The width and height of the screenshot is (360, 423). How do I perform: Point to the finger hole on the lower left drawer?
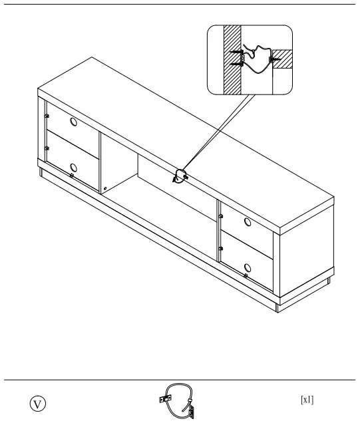click(74, 167)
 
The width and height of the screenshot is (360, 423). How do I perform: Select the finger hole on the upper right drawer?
click(248, 222)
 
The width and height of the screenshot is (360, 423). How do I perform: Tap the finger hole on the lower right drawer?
click(248, 264)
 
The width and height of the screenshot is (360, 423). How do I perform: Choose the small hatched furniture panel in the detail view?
click(283, 59)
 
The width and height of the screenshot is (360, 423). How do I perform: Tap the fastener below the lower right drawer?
click(246, 275)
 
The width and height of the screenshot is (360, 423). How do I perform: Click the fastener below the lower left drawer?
click(71, 176)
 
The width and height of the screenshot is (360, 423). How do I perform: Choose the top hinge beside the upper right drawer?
click(219, 215)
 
